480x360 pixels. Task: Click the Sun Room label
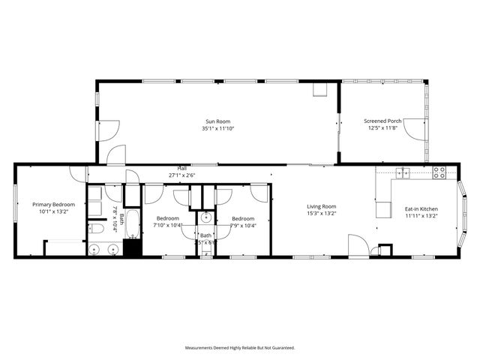[218, 121]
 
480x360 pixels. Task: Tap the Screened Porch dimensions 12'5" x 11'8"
[382, 128]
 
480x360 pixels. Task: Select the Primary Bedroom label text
[53, 204]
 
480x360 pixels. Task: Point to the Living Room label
[321, 206]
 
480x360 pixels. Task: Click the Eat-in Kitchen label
[421, 209]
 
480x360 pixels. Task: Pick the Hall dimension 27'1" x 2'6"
[181, 175]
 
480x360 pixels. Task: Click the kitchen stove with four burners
[439, 172]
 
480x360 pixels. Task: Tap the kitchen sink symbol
[403, 173]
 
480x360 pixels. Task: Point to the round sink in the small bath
[206, 219]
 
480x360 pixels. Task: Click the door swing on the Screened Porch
[415, 130]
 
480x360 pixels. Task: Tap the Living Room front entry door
[357, 246]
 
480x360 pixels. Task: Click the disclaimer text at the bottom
[240, 348]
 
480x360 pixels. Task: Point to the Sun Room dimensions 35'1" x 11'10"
[218, 128]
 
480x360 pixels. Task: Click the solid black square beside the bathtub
[132, 247]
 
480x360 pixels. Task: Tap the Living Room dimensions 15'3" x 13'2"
[321, 214]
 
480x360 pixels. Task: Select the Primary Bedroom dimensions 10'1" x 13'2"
[53, 211]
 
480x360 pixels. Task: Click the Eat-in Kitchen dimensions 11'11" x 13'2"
[421, 216]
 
